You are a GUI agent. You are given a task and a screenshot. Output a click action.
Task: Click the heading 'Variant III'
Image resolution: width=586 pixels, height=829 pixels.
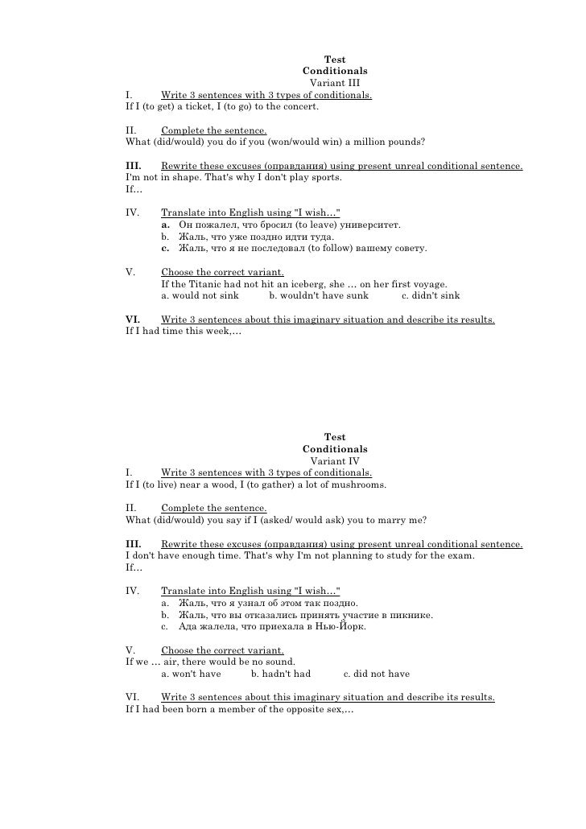pos(334,83)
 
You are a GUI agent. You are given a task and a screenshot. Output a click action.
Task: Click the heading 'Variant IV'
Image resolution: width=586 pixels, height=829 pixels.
pos(334,461)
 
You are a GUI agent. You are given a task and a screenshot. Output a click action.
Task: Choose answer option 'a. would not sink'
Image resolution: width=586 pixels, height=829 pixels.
pos(200,295)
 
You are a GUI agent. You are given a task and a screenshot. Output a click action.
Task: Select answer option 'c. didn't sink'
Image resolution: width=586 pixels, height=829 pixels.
pos(431,295)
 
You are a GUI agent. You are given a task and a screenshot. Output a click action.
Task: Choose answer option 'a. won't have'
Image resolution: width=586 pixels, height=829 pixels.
pos(191,674)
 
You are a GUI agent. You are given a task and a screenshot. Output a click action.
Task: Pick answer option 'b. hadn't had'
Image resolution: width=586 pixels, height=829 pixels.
pos(280,674)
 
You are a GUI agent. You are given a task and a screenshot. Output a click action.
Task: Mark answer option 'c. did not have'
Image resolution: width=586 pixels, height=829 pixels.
pos(376,674)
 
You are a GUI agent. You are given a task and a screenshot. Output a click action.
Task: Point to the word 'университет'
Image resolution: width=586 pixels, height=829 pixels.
pos(370,225)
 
